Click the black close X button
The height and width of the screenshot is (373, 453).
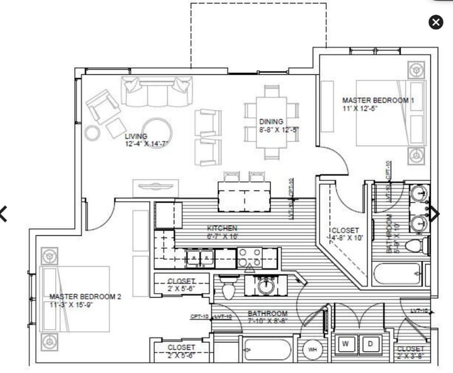pyautogui.click(x=436, y=22)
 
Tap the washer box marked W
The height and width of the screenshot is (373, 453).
pyautogui.click(x=346, y=344)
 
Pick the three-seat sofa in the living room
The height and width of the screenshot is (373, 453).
pyautogui.click(x=158, y=93)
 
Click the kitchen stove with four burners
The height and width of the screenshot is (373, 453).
pyautogui.click(x=252, y=258)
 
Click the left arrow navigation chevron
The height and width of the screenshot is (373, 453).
pyautogui.click(x=4, y=214)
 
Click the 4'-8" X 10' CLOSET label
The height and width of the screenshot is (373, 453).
pyautogui.click(x=345, y=234)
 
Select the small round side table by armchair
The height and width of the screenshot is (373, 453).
pyautogui.click(x=93, y=133)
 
